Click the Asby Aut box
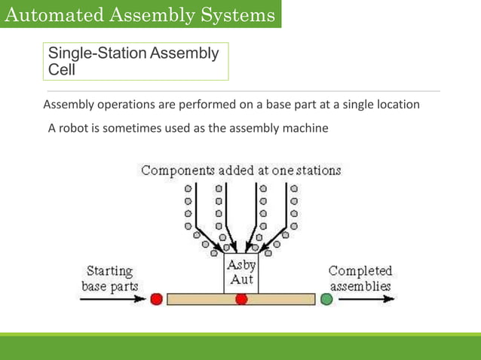(x=241, y=273)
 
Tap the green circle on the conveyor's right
(x=326, y=299)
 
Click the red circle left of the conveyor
(x=156, y=299)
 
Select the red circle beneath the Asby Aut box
(x=241, y=299)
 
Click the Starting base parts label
(x=109, y=279)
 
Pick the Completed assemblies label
(x=360, y=279)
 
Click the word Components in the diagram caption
(x=177, y=171)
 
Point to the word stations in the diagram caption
(x=317, y=171)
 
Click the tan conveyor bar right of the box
(x=286, y=299)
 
